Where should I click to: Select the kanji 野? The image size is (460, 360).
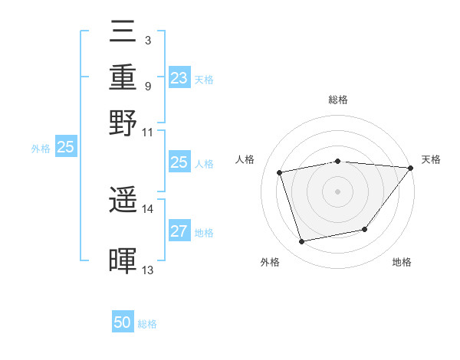[x=123, y=122]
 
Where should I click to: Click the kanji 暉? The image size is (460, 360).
[x=123, y=260]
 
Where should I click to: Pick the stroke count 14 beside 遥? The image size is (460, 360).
[x=148, y=208]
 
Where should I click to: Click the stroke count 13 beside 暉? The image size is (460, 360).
[x=148, y=270]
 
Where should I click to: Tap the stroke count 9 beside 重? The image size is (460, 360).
[x=147, y=86]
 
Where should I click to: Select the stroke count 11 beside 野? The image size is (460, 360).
[x=148, y=131]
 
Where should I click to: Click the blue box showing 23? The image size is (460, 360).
[x=179, y=78]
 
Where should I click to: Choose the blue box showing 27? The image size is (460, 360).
[x=179, y=231]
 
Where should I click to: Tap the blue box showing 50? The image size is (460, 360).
[x=123, y=322]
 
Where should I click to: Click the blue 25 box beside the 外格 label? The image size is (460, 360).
[x=65, y=147]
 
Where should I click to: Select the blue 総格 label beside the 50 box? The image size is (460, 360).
[x=147, y=324]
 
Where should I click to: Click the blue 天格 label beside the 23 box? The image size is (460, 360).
[x=203, y=80]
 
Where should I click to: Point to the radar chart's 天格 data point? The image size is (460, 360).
[x=411, y=168]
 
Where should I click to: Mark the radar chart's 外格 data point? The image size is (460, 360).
[x=301, y=242]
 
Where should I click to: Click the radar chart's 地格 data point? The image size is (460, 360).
[x=365, y=229]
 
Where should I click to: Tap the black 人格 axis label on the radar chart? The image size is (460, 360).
[x=245, y=159]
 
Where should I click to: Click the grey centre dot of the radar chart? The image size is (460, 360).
[x=337, y=191]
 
